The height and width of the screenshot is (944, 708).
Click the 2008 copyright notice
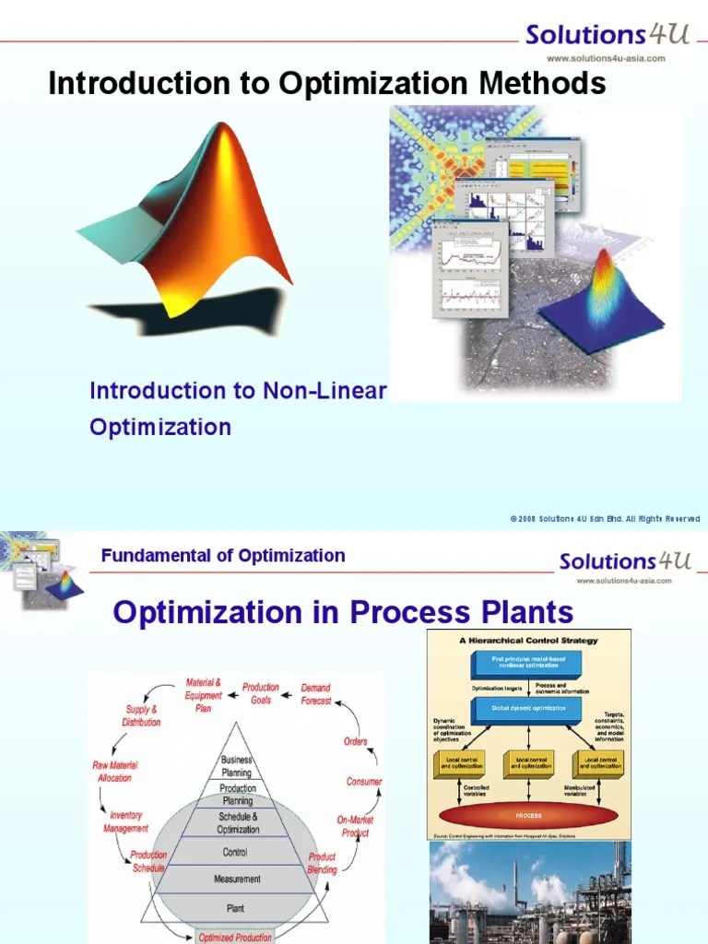pos(605,519)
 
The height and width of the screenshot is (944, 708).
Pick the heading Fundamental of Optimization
pos(223,556)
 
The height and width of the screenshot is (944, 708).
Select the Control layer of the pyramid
pos(235,853)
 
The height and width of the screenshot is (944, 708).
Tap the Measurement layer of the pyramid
pos(237,879)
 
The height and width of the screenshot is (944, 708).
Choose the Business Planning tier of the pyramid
pos(236,766)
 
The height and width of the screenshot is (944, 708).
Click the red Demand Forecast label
pos(316,694)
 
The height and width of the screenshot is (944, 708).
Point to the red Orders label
pos(355,741)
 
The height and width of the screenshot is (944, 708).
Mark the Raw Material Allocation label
pos(112,772)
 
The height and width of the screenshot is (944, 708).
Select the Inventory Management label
pos(126,821)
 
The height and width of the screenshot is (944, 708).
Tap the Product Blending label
pos(322,863)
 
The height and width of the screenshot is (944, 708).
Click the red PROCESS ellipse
pos(528,816)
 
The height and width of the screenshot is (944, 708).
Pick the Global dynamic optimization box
pos(528,710)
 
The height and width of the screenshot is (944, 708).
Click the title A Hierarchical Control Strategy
pos(528,640)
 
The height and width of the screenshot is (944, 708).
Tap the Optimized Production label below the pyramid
pos(235,938)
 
